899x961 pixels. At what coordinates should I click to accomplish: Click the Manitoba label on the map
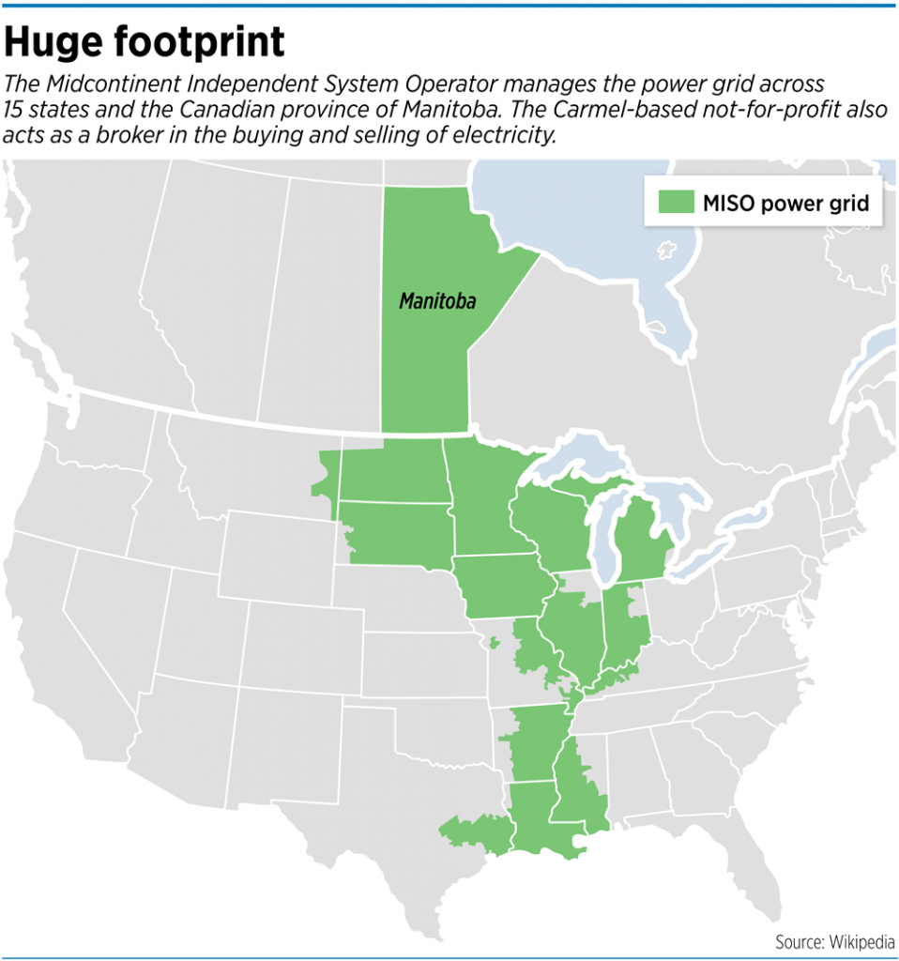[x=436, y=301]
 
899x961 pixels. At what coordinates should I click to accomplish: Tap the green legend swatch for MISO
[x=675, y=203]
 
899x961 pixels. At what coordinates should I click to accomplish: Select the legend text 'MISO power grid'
[x=785, y=203]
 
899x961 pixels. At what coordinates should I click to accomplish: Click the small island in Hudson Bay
[x=667, y=252]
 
